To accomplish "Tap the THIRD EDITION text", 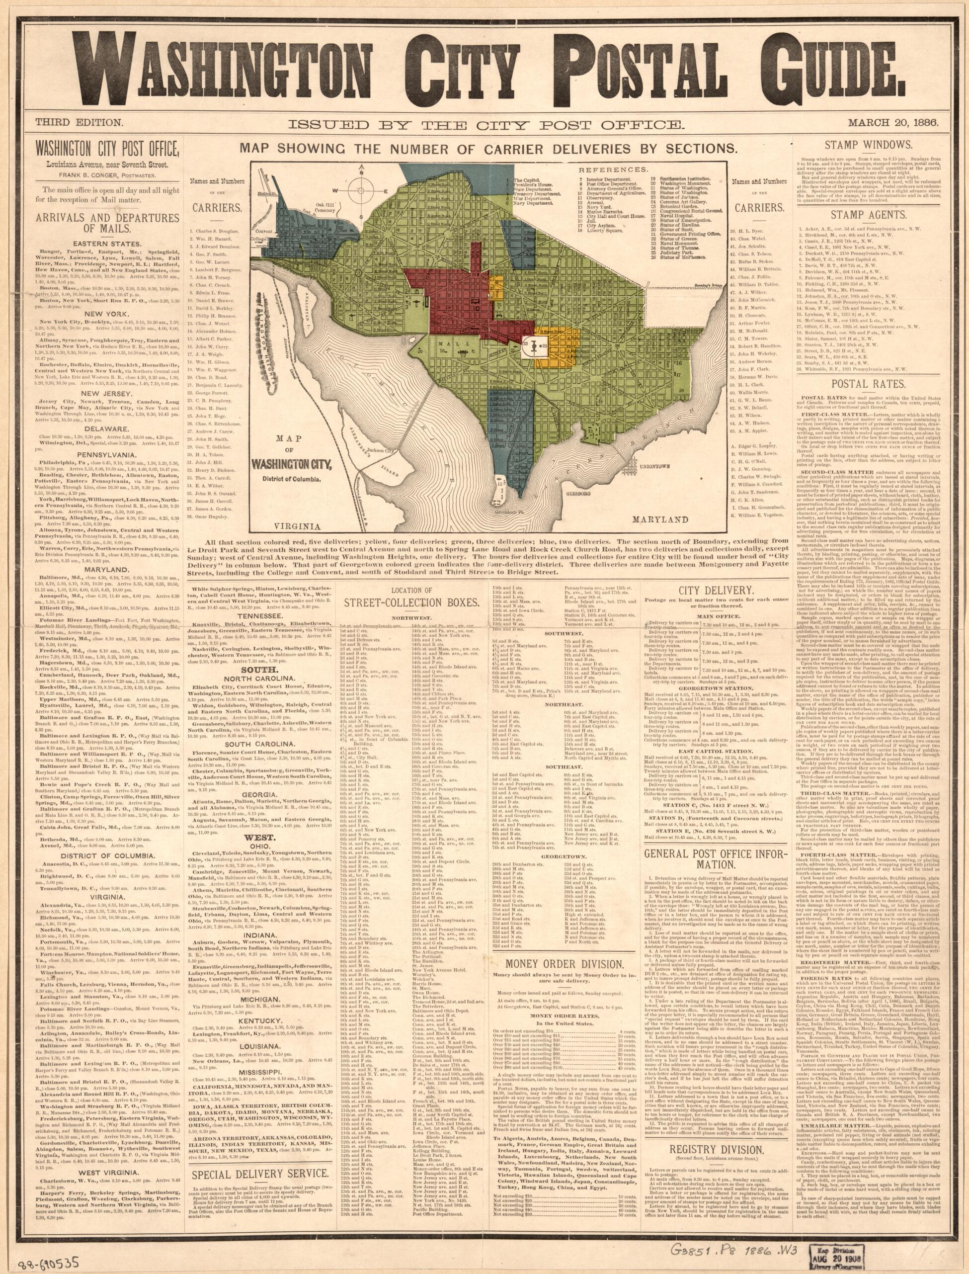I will tap(79, 122).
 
